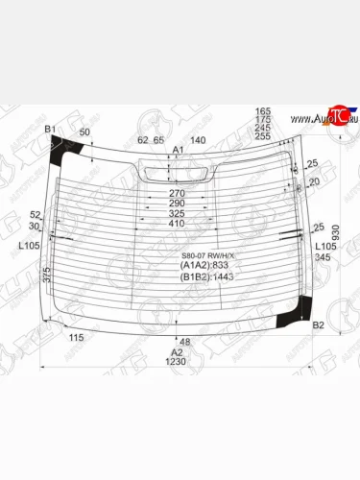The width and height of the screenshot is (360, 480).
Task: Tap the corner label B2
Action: (x=319, y=326)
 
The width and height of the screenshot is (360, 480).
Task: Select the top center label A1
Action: (x=177, y=151)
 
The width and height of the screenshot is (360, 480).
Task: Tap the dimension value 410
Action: (x=177, y=224)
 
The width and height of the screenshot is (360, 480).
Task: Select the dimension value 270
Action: (x=177, y=192)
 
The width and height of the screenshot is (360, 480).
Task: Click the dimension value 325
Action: (x=177, y=213)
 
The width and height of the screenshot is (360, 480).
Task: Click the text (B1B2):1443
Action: (x=206, y=276)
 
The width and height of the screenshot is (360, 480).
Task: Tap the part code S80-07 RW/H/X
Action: (x=208, y=254)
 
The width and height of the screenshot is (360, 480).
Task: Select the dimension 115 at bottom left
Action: (x=78, y=337)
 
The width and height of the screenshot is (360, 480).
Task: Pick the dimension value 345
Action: (x=322, y=257)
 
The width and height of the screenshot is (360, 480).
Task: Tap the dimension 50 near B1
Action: (x=84, y=132)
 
